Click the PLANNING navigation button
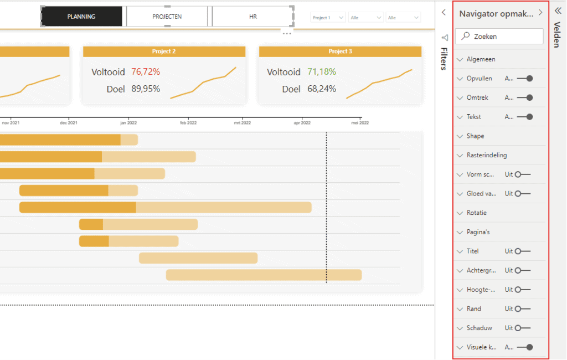(x=81, y=17)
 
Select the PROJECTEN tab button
(x=167, y=17)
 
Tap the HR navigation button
(x=252, y=17)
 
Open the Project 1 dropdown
(x=328, y=18)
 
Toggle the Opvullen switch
(x=524, y=79)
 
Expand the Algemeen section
(x=481, y=59)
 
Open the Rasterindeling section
(x=486, y=155)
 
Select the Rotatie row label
(x=476, y=213)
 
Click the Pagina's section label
(x=478, y=232)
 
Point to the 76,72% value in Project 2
(x=146, y=72)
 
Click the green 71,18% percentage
(x=322, y=72)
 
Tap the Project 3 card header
(x=340, y=52)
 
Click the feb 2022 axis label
(x=188, y=123)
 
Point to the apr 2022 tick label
(x=302, y=123)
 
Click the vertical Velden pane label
(x=557, y=35)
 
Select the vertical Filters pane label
(x=444, y=59)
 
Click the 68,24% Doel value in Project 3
(x=322, y=89)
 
